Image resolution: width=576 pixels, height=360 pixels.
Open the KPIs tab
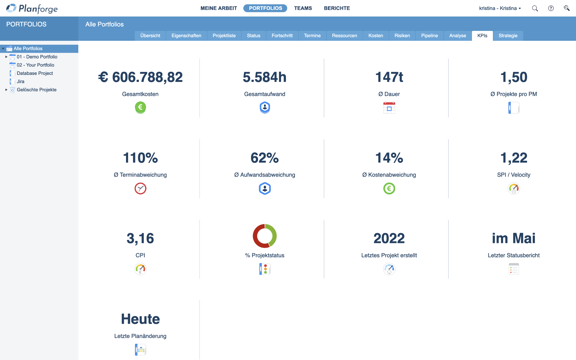click(x=482, y=36)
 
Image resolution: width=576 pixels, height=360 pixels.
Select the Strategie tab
click(x=508, y=36)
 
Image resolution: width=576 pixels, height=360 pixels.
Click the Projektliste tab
click(x=224, y=36)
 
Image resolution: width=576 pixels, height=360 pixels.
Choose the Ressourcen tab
click(x=344, y=36)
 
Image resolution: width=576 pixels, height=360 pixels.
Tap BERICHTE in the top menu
click(x=337, y=8)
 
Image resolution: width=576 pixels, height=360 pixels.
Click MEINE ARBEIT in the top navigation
click(x=219, y=8)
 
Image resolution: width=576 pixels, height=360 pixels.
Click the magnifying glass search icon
click(x=535, y=8)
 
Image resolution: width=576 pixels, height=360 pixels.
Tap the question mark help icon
click(x=551, y=8)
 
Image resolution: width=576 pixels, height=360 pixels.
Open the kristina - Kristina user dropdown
click(x=500, y=8)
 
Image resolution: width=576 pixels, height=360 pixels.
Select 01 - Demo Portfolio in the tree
click(x=37, y=57)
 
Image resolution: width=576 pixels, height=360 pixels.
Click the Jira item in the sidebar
click(x=20, y=81)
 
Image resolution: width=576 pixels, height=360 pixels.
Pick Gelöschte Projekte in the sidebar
click(x=37, y=90)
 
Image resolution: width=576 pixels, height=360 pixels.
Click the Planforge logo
click(x=32, y=8)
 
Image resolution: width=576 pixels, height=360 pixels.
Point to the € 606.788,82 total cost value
click(x=140, y=77)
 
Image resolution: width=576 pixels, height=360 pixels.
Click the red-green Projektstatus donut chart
click(x=265, y=236)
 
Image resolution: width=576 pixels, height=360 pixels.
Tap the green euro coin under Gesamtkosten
click(x=140, y=107)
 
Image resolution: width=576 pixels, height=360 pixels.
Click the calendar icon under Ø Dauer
click(x=389, y=108)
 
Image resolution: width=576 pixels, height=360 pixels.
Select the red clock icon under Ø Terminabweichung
click(x=140, y=188)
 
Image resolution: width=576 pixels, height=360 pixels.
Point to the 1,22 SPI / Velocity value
click(x=514, y=158)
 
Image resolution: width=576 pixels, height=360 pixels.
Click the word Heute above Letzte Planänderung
click(x=140, y=319)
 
